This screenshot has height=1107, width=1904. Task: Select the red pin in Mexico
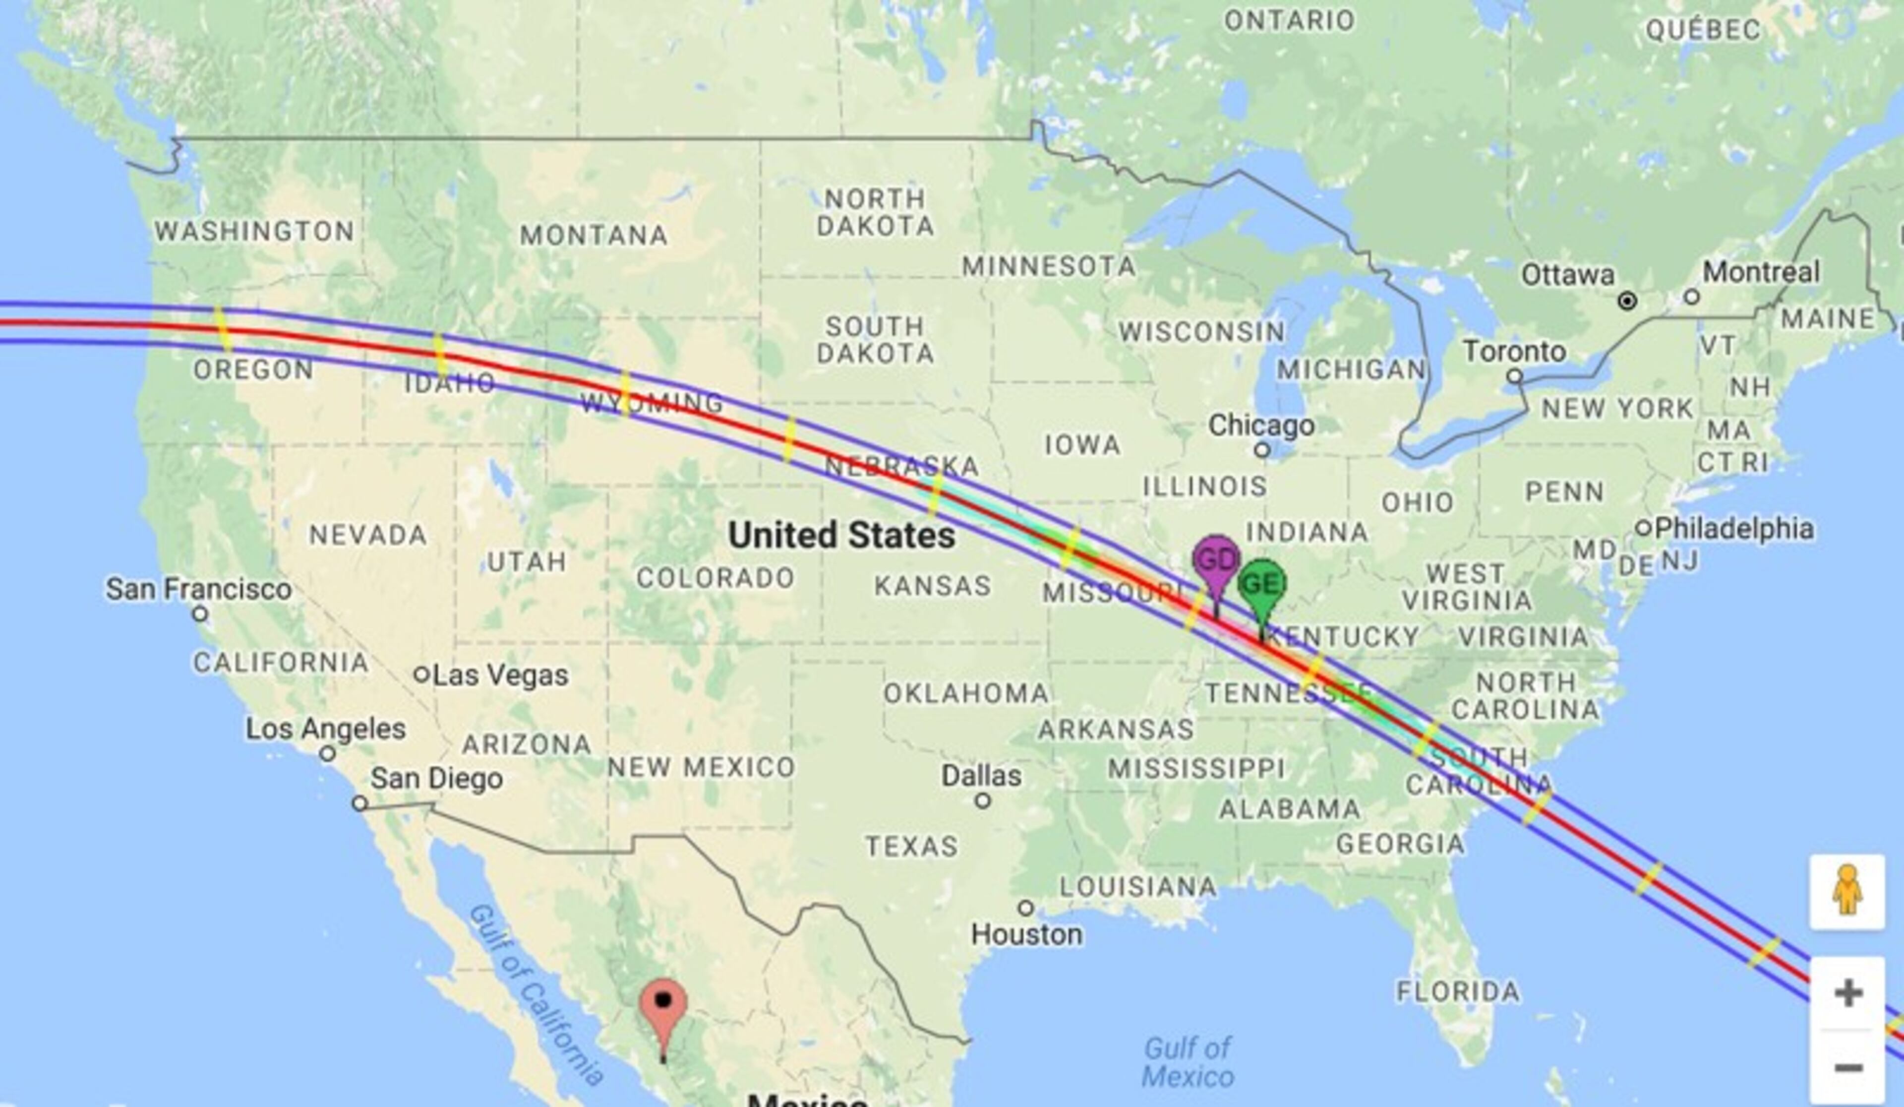[x=662, y=1005]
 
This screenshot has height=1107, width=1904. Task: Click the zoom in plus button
[x=1847, y=993]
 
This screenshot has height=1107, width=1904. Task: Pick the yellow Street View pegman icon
[x=1846, y=892]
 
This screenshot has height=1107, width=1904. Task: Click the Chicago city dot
[x=1261, y=450]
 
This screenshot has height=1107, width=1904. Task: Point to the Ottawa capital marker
[x=1627, y=302]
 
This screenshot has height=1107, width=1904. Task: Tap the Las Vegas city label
[x=500, y=675]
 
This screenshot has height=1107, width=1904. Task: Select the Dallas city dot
[x=982, y=800]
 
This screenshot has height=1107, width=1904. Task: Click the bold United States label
[x=841, y=535]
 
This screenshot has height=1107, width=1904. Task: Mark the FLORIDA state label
[x=1457, y=990]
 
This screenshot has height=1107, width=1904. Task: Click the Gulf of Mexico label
[x=1187, y=1062]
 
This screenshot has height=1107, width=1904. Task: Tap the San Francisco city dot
[x=199, y=614]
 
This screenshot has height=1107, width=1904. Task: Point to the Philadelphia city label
[x=1734, y=528]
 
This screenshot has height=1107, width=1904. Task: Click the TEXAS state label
[x=911, y=846]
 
